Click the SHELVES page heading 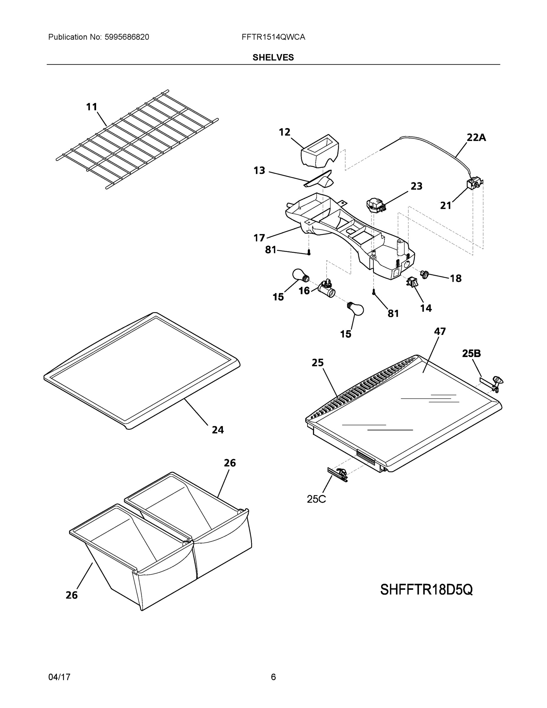point(273,58)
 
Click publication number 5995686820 point(127,37)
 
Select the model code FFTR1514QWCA point(273,37)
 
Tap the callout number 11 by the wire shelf point(91,107)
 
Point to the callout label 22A point(476,137)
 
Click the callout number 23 point(416,186)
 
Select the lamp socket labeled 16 point(327,289)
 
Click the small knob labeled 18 point(425,274)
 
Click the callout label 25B point(471,353)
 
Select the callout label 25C point(316,499)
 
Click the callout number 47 point(440,331)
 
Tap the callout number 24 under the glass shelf point(218,430)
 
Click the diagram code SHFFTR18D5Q point(426,590)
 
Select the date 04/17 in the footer point(59,677)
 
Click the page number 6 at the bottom point(273,677)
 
